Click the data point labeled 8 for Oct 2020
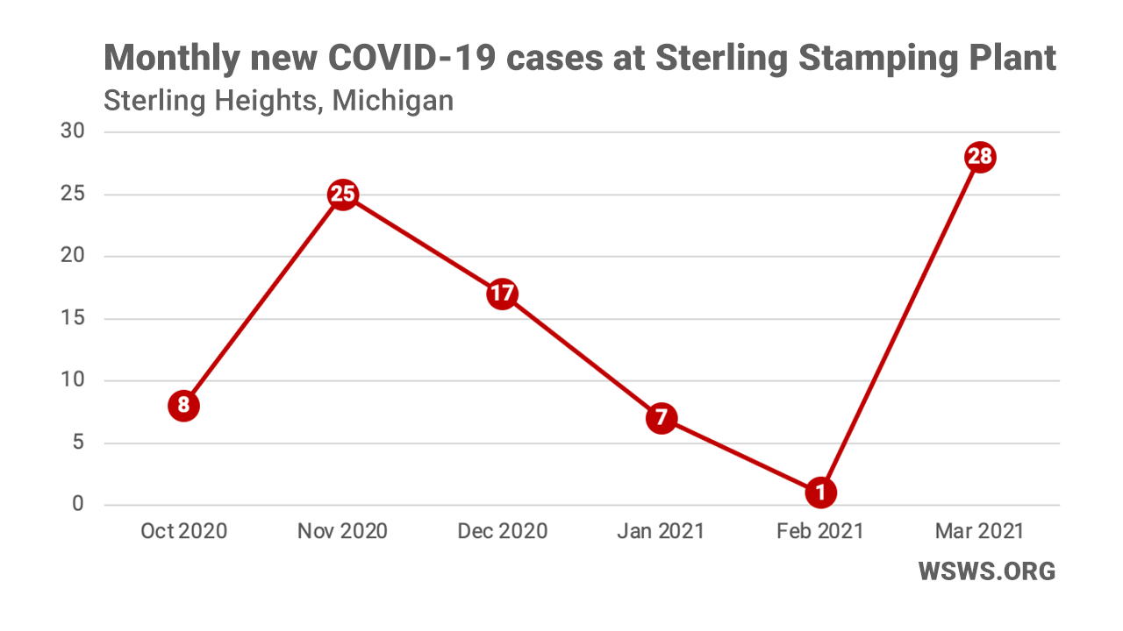pyautogui.click(x=183, y=406)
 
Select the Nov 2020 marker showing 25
pyautogui.click(x=342, y=195)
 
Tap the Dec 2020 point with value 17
pyautogui.click(x=502, y=294)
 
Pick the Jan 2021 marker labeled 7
pyautogui.click(x=661, y=418)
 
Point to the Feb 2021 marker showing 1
pyautogui.click(x=820, y=493)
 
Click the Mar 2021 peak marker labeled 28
pyautogui.click(x=979, y=158)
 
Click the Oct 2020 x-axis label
pyautogui.click(x=183, y=531)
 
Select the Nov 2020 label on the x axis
pyautogui.click(x=342, y=531)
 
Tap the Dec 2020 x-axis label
pyautogui.click(x=502, y=531)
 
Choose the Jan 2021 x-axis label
pyautogui.click(x=661, y=531)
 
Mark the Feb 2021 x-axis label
pyautogui.click(x=820, y=531)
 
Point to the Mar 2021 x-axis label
pyautogui.click(x=979, y=531)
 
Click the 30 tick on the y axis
pyautogui.click(x=72, y=132)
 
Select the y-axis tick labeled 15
pyautogui.click(x=72, y=318)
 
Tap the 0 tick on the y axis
pyautogui.click(x=78, y=505)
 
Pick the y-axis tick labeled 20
pyautogui.click(x=72, y=256)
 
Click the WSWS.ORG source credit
pyautogui.click(x=986, y=571)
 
